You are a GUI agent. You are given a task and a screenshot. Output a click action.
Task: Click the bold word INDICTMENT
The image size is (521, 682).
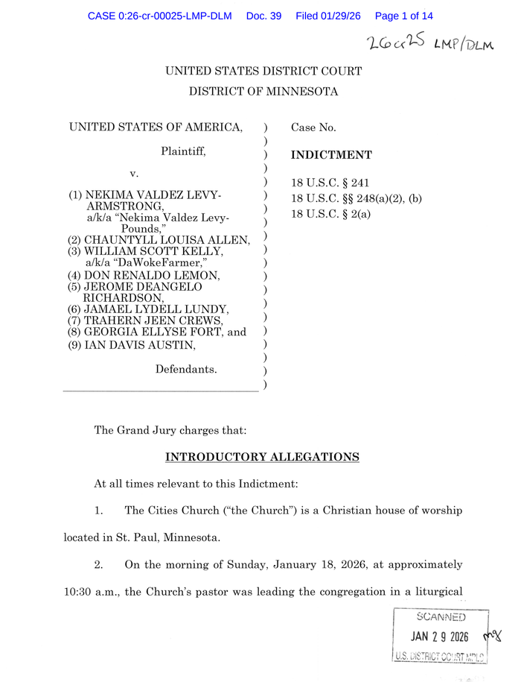[x=331, y=155]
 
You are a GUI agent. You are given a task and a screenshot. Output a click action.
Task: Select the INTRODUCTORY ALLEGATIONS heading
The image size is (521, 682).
[x=262, y=457]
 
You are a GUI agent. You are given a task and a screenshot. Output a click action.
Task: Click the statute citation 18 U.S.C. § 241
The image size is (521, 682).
[x=330, y=183]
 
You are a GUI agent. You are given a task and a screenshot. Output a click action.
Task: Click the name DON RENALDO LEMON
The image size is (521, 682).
[x=152, y=276]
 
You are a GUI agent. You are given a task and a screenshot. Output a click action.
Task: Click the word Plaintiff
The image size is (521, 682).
[x=183, y=151]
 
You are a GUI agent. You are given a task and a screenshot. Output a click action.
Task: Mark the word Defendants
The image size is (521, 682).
[x=186, y=369]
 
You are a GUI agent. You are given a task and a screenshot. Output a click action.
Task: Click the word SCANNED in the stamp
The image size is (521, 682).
[x=441, y=617]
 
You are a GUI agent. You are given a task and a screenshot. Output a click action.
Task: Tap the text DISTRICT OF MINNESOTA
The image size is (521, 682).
[x=263, y=92]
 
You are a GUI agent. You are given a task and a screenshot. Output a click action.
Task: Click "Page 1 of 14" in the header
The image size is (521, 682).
[x=404, y=16]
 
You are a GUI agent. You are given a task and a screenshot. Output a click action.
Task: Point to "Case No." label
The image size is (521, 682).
[x=313, y=127]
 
